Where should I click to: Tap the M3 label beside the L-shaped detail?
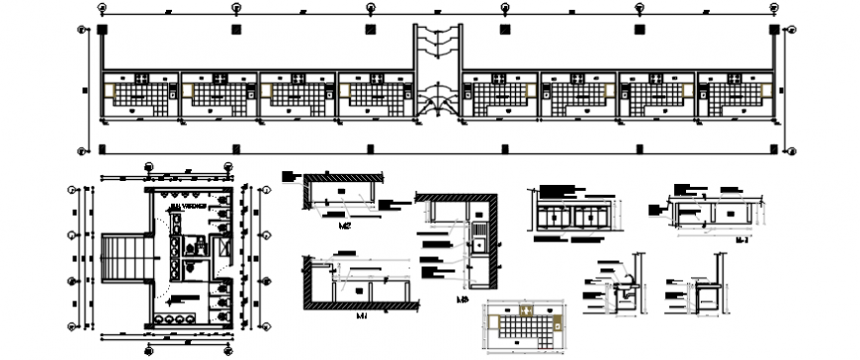tap(461, 300)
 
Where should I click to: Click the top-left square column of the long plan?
tap(103, 30)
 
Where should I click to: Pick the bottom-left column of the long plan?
tap(103, 149)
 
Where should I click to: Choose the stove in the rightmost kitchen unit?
tap(735, 77)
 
